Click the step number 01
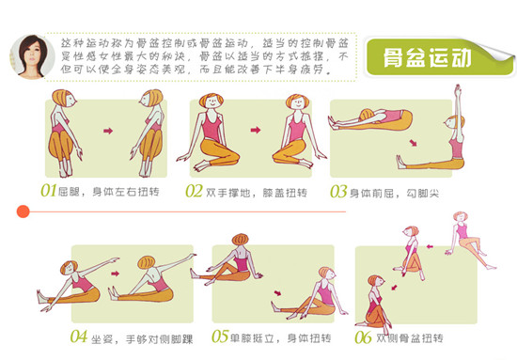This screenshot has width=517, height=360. coord(50,191)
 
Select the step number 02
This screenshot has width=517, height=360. coord(195,191)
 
